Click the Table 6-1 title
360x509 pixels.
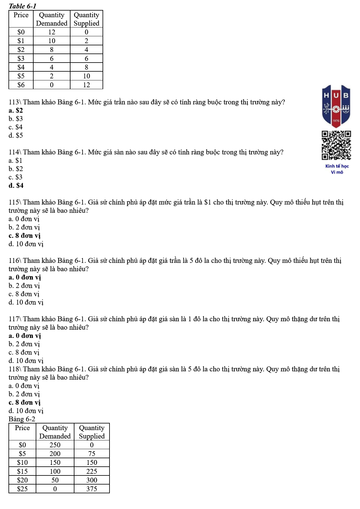click(22, 6)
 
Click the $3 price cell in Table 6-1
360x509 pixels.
click(21, 58)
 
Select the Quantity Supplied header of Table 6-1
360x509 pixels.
click(87, 19)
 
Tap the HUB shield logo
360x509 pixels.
click(336, 106)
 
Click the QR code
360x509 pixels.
click(336, 145)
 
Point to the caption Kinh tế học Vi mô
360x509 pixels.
click(337, 169)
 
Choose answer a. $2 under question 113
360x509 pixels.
click(16, 110)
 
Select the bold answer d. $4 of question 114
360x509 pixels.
click(16, 185)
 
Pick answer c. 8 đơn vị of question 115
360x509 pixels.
click(25, 235)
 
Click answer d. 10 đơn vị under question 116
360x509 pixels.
click(26, 302)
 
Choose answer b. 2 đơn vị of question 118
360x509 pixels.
click(24, 394)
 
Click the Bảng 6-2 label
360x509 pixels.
click(22, 419)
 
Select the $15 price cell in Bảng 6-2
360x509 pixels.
click(22, 471)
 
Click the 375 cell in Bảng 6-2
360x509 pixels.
click(92, 489)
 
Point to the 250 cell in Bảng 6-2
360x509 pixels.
click(55, 445)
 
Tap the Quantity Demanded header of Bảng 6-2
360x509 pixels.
click(55, 432)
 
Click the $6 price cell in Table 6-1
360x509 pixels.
click(21, 85)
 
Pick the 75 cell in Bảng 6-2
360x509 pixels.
click(92, 454)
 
